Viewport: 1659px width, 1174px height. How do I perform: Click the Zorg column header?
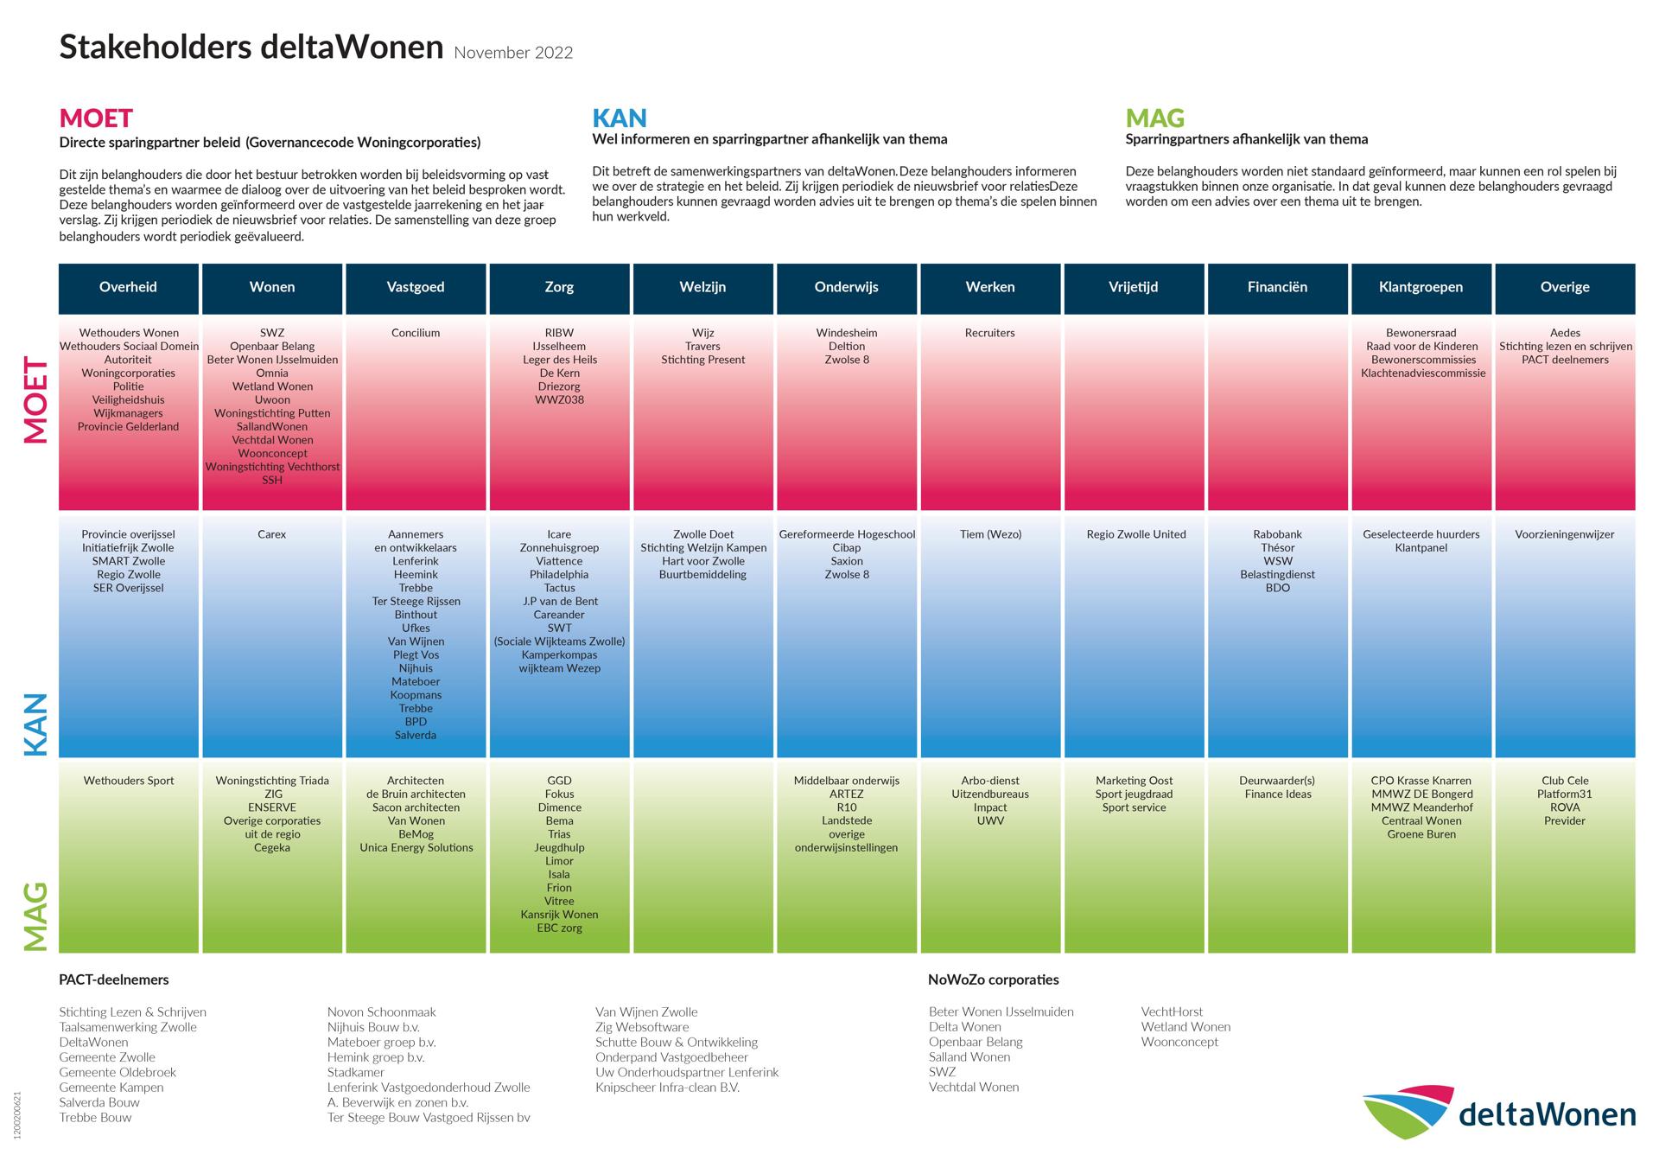(x=559, y=287)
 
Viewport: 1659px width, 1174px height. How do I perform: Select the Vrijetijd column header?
(x=1134, y=287)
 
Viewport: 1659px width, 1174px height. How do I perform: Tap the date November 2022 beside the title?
(x=513, y=53)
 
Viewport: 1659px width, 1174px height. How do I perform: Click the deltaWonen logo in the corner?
(x=1499, y=1112)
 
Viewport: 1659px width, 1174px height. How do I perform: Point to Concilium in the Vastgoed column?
(x=416, y=333)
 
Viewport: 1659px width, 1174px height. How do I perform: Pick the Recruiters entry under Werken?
(x=989, y=333)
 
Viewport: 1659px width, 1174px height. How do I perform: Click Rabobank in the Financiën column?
(x=1277, y=534)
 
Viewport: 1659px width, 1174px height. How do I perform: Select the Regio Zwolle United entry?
(x=1135, y=534)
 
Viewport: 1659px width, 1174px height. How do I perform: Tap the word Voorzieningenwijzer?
(x=1565, y=534)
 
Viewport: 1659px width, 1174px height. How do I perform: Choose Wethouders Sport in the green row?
(x=129, y=781)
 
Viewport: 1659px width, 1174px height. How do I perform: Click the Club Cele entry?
(x=1565, y=781)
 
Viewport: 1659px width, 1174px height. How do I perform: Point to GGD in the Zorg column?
(x=559, y=781)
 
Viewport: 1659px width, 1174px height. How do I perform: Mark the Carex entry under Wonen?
(x=271, y=534)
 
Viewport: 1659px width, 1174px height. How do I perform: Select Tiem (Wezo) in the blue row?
(x=990, y=534)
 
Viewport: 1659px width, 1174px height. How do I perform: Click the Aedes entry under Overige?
(x=1565, y=333)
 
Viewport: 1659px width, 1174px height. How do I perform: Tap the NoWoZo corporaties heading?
(x=993, y=979)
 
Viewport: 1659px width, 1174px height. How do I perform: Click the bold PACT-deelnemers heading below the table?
(x=114, y=979)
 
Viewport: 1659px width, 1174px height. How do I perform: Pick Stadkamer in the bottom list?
(x=356, y=1072)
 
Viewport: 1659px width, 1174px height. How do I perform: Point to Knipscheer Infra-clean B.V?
(x=667, y=1088)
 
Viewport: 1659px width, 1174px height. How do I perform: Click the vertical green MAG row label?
(x=35, y=916)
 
